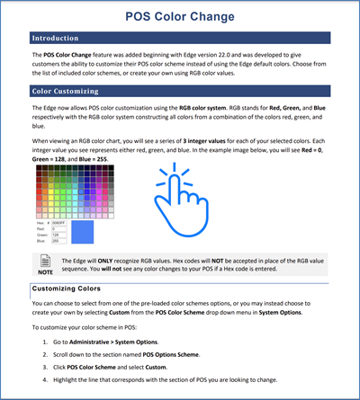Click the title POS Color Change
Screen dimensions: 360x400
180,16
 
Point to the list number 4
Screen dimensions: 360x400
45,380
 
